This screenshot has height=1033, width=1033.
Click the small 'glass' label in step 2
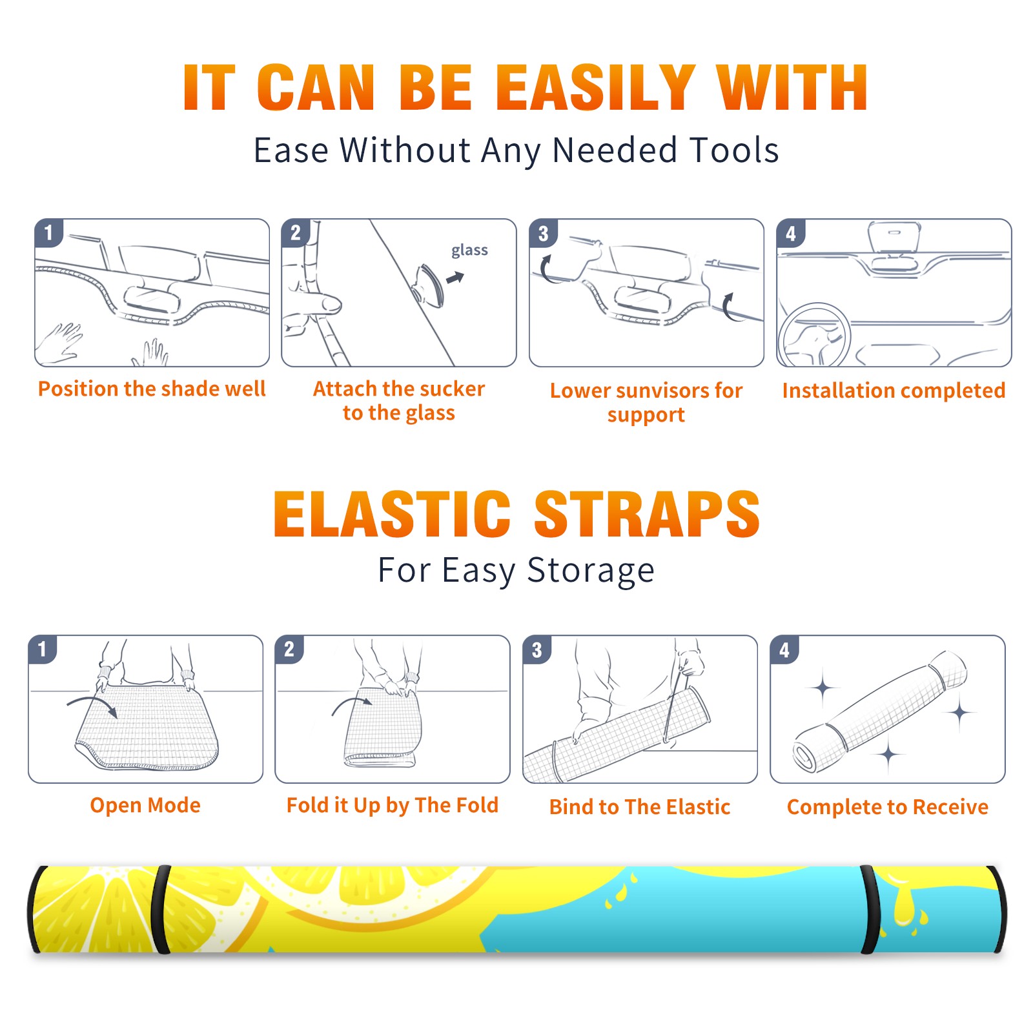click(469, 251)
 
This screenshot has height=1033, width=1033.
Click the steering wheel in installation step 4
click(814, 335)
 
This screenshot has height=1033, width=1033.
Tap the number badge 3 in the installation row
click(543, 233)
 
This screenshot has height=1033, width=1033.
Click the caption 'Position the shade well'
click(152, 389)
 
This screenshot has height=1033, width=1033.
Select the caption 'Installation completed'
click(894, 390)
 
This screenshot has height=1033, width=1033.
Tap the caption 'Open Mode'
click(145, 805)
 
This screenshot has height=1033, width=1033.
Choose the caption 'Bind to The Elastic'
click(640, 806)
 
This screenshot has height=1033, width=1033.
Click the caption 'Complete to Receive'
click(888, 807)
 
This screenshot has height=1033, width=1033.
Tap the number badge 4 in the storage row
click(784, 649)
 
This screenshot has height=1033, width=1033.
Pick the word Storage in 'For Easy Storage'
click(591, 571)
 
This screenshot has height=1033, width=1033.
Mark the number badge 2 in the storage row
click(289, 649)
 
